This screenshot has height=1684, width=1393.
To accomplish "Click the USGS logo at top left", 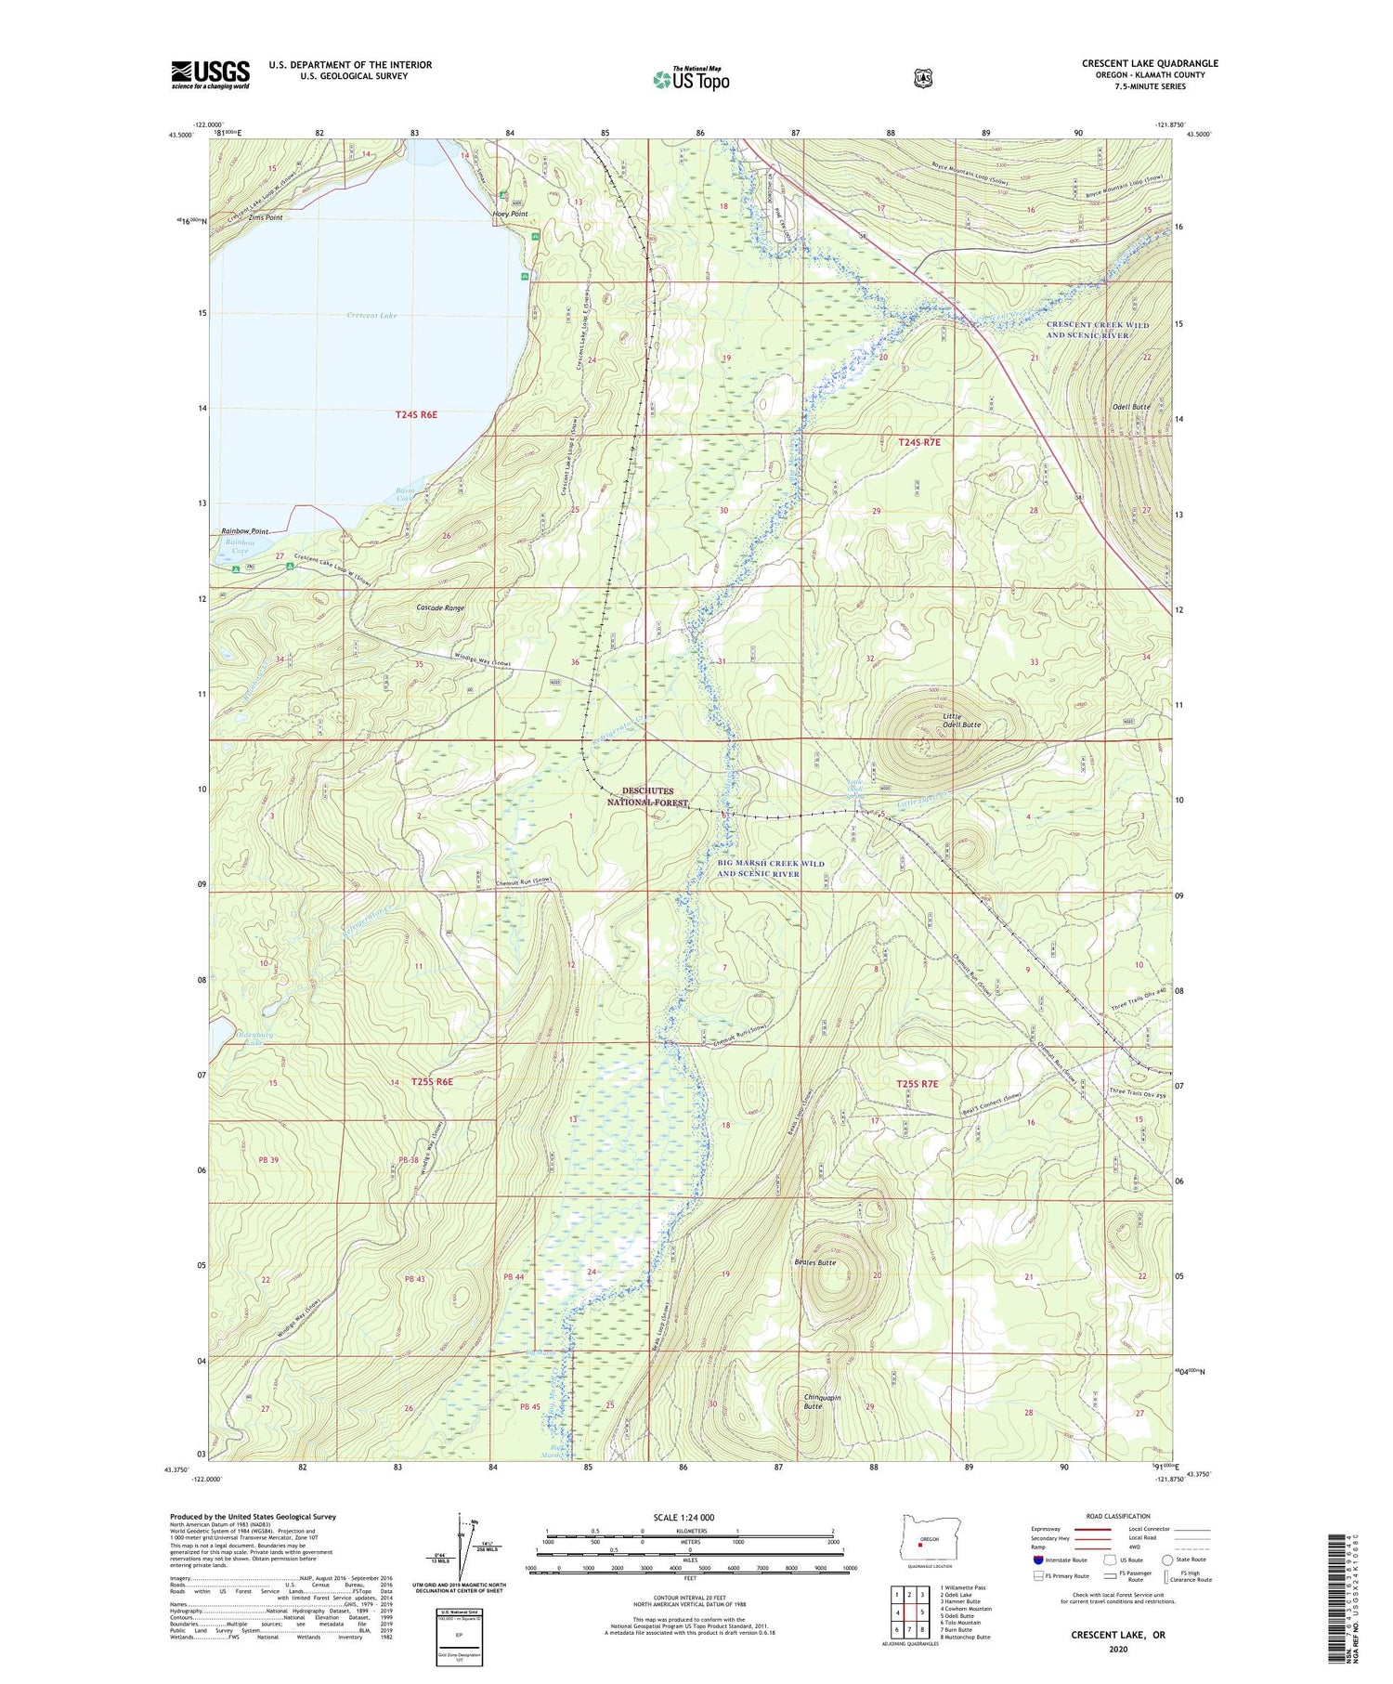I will pos(210,74).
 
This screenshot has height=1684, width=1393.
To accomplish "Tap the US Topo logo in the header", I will pos(691,79).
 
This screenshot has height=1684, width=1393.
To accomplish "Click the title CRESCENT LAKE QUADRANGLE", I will pos(1149,63).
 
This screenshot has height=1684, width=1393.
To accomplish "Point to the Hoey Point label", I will pos(510,214).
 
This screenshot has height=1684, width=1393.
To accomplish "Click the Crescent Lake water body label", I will pos(371,316).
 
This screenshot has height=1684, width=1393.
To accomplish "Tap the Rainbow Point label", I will pos(244,531).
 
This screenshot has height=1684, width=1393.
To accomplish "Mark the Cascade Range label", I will pos(440,607).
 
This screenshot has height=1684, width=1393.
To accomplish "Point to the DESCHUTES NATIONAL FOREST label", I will pos(647,796).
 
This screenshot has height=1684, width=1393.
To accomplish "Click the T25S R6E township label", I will pos(431,1082).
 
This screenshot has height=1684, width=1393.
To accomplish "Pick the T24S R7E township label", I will pos(919,443).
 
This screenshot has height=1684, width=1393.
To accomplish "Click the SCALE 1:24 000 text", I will pos(688,1517).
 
